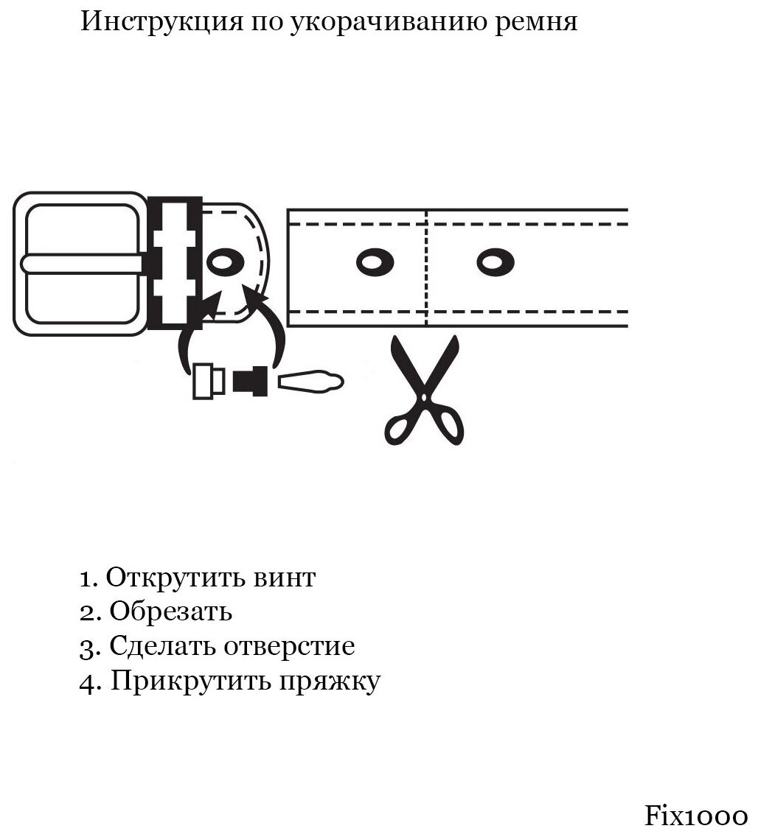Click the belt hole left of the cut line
click(x=375, y=262)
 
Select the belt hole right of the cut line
click(x=496, y=262)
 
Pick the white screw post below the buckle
click(x=209, y=381)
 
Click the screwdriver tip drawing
click(x=310, y=381)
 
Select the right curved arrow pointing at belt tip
click(x=269, y=324)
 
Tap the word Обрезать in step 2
click(x=170, y=612)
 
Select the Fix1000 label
click(x=696, y=816)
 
